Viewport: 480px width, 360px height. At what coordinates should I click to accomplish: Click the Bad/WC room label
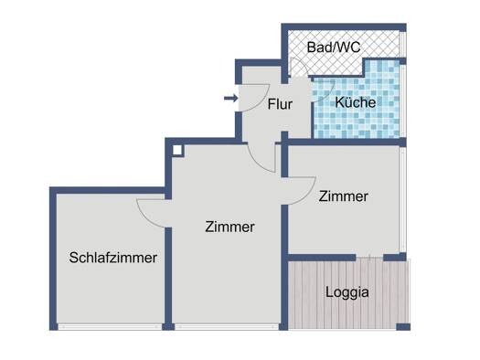[334, 48]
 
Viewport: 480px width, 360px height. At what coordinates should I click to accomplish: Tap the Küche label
[356, 102]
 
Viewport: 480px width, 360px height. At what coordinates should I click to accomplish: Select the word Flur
[280, 104]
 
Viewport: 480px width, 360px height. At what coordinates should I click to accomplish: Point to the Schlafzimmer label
[113, 258]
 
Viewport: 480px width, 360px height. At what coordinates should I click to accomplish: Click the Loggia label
[347, 292]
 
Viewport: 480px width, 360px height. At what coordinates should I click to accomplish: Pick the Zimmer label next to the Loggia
[343, 196]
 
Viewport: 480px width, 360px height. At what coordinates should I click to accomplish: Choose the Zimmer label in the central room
[229, 227]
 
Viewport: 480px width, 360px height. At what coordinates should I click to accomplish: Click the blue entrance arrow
[231, 98]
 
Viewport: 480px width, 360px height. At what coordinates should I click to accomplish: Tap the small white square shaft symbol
[177, 151]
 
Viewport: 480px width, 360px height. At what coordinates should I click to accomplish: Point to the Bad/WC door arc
[302, 63]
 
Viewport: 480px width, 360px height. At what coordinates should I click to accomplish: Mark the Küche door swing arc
[327, 95]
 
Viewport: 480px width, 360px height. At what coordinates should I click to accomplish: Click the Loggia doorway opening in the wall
[369, 258]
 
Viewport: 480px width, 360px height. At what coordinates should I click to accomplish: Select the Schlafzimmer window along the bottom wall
[110, 327]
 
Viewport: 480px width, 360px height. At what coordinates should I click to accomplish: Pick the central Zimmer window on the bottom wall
[227, 327]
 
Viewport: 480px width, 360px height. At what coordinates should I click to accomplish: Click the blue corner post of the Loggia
[403, 327]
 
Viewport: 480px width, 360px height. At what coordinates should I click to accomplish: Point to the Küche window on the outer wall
[403, 101]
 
